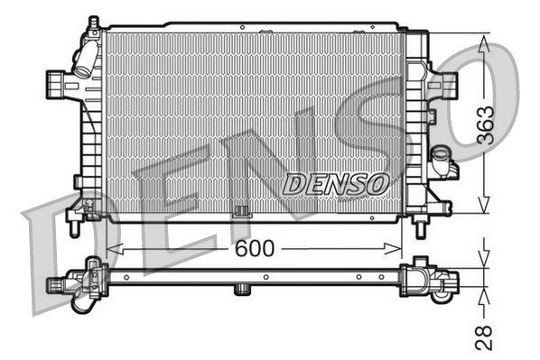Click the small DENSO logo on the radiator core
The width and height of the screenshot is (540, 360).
coord(336,183)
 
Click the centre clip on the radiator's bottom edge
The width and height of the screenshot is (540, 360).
coord(240,213)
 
